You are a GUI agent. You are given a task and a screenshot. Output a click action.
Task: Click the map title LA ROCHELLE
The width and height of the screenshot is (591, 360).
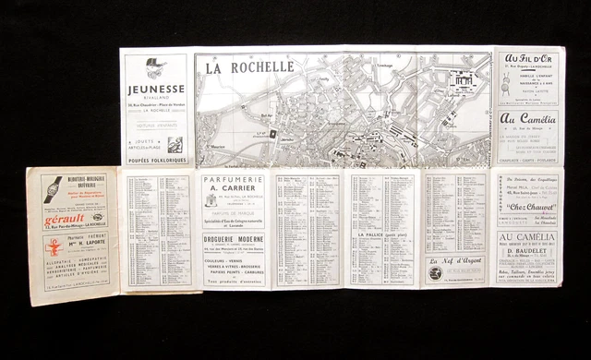(248, 67)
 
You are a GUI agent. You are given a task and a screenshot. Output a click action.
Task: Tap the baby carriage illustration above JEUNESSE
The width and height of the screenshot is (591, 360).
(156, 67)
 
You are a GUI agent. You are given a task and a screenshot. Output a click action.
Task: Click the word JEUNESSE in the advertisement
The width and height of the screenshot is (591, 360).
(155, 90)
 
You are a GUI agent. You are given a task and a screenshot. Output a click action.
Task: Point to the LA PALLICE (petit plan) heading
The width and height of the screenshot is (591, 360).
(385, 237)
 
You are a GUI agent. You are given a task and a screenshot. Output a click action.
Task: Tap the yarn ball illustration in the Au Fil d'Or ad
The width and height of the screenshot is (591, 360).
(506, 85)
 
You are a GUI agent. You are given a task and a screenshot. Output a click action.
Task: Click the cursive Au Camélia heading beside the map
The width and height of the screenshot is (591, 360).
(529, 118)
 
